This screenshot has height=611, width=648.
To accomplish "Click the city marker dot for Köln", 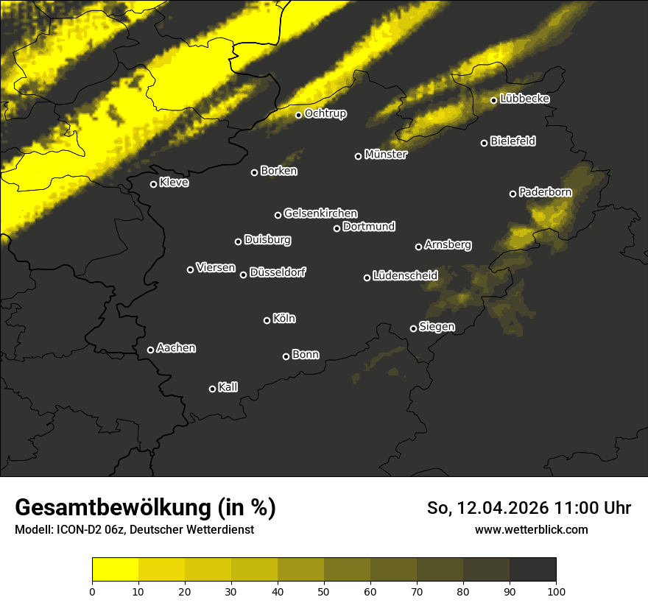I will [267, 320].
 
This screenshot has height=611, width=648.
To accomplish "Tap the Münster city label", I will [385, 155].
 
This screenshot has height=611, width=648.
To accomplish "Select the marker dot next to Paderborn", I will [513, 194].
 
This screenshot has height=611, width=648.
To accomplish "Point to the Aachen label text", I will [176, 348].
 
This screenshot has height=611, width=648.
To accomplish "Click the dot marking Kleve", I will [153, 184].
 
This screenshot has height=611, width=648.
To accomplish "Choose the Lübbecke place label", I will [524, 99].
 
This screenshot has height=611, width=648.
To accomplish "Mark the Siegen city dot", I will [413, 328].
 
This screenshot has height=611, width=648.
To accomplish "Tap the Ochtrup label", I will [325, 113].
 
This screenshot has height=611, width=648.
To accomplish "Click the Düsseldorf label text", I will [278, 272].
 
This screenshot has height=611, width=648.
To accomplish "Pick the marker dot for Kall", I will [212, 389].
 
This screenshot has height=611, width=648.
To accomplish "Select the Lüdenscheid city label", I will [405, 276].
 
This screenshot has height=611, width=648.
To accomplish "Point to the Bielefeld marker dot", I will [484, 143].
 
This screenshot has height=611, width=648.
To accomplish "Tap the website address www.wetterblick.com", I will [531, 529].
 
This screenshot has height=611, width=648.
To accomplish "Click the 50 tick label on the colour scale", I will [324, 591].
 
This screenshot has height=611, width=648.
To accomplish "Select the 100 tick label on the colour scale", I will [556, 591].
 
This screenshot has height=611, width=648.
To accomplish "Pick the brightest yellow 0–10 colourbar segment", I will [115, 569].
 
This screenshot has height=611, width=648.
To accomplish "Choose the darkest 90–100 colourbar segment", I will [532, 569].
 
